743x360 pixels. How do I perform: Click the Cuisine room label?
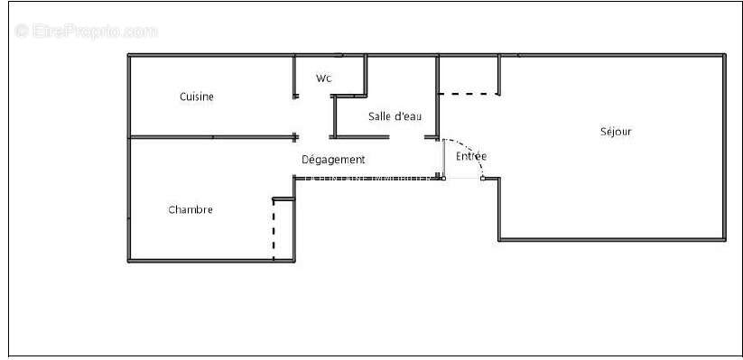click(x=197, y=97)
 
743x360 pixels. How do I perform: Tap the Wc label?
click(x=324, y=78)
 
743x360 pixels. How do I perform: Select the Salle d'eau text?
click(x=395, y=116)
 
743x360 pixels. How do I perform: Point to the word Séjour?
click(x=616, y=132)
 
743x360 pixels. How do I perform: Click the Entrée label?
click(x=470, y=156)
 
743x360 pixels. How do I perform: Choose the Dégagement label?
click(x=333, y=160)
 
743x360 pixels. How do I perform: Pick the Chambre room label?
click(x=190, y=210)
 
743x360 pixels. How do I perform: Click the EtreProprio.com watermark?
click(x=87, y=32)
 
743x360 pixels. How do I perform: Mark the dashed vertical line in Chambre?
click(x=274, y=230)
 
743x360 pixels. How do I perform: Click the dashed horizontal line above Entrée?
click(x=468, y=93)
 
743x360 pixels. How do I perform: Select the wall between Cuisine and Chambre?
click(x=212, y=137)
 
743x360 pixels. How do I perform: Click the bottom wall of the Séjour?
click(x=611, y=239)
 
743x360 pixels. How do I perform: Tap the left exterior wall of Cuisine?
click(x=128, y=96)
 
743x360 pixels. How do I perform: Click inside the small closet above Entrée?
click(x=468, y=74)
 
